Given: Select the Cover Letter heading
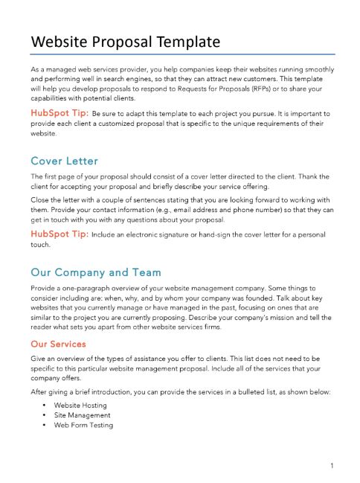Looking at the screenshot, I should pyautogui.click(x=64, y=161).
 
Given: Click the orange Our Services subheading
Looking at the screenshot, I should pyautogui.click(x=58, y=345).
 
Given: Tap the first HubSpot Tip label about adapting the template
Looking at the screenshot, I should pyautogui.click(x=58, y=112).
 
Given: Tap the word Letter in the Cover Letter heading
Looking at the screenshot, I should pyautogui.click(x=83, y=161).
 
